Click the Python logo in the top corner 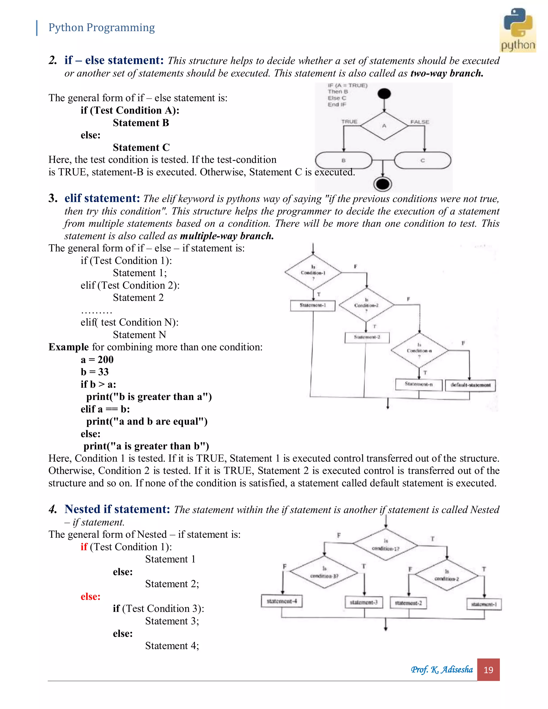(518, 30)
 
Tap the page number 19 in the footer (488, 670)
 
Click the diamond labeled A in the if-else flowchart (384, 126)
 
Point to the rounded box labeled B (344, 160)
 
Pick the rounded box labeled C (422, 160)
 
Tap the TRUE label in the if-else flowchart (349, 121)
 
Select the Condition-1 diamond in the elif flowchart (313, 272)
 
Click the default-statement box (470, 385)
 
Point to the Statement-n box (418, 384)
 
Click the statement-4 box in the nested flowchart (281, 601)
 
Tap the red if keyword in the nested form (84, 547)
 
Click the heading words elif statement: (102, 198)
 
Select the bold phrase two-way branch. (447, 73)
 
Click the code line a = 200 (97, 359)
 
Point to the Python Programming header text (101, 28)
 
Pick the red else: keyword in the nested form (90, 596)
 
